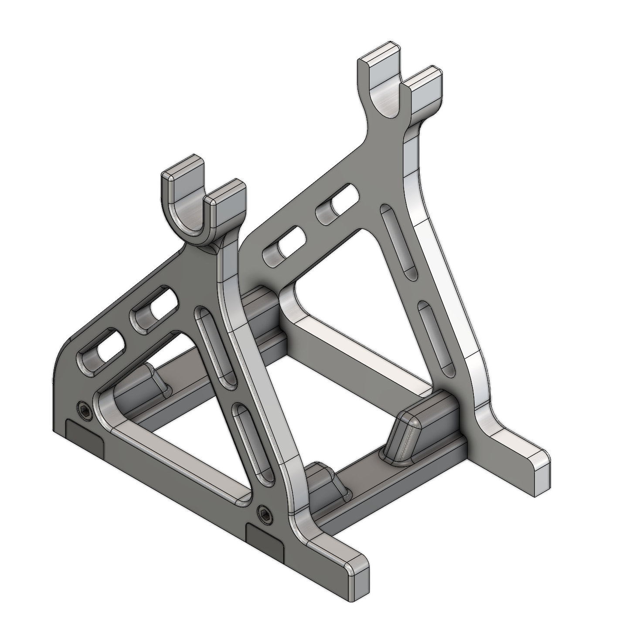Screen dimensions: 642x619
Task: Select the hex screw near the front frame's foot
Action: click(262, 510)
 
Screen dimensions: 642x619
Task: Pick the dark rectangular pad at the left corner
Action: click(85, 437)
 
